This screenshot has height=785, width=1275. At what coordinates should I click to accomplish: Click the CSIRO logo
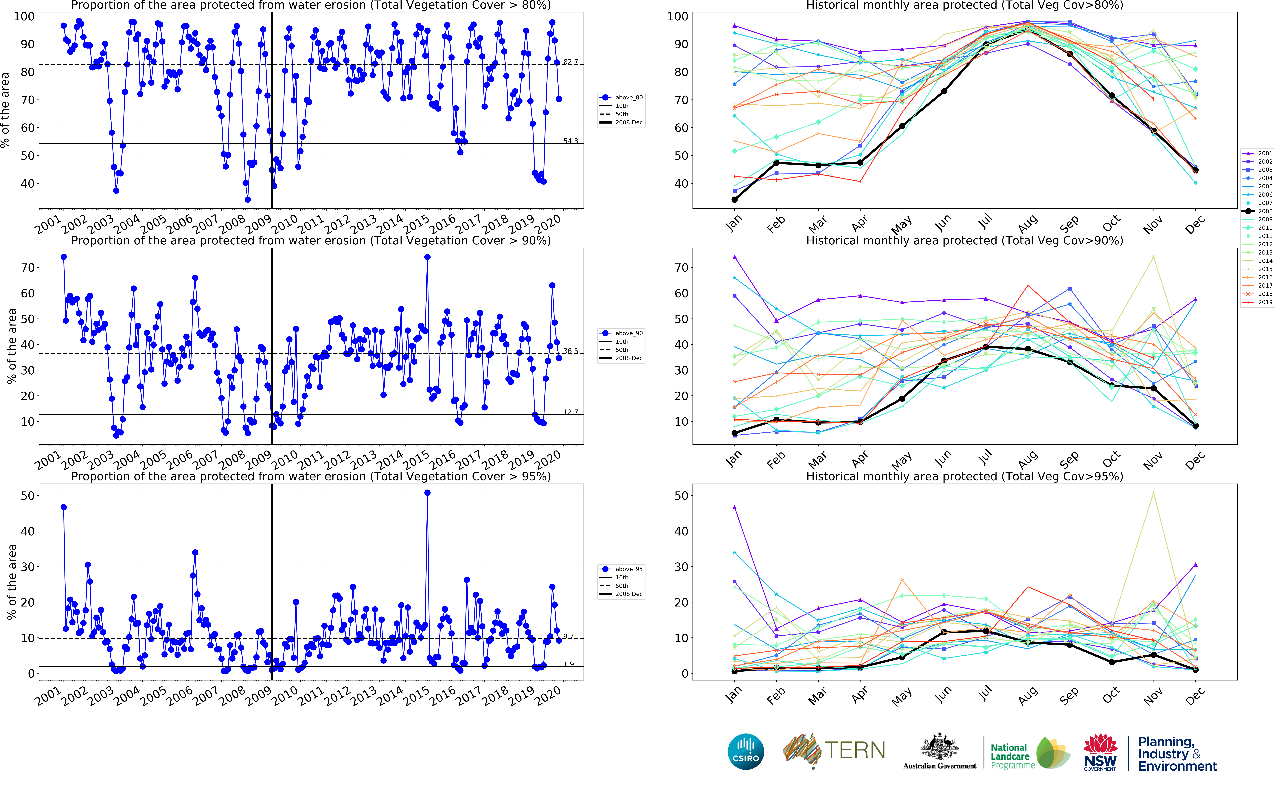pyautogui.click(x=746, y=752)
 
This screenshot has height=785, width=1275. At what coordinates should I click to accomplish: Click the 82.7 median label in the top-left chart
pyautogui.click(x=570, y=62)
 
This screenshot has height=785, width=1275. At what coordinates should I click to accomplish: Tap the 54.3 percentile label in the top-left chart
pyautogui.click(x=570, y=141)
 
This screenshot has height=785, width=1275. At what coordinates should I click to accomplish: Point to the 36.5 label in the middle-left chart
pyautogui.click(x=570, y=351)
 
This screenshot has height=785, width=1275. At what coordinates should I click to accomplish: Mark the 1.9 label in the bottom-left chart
pyautogui.click(x=569, y=664)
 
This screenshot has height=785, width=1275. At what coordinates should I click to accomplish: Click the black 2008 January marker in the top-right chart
pyautogui.click(x=734, y=199)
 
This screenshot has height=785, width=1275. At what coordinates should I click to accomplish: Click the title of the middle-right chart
pyautogui.click(x=964, y=240)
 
